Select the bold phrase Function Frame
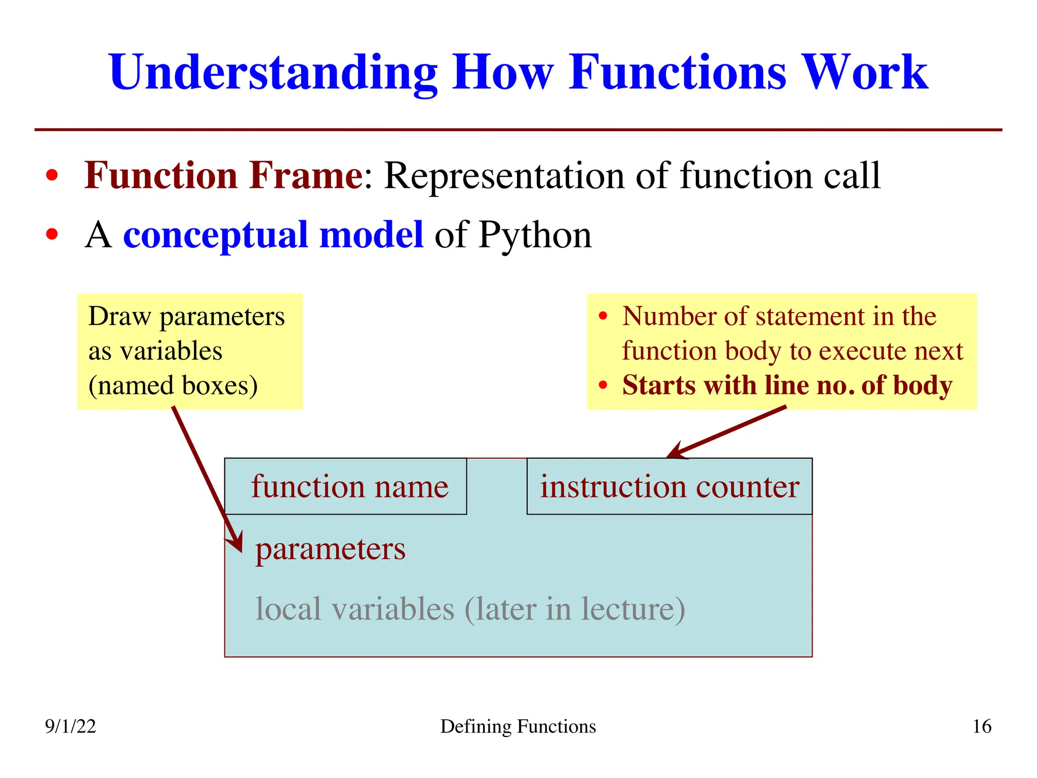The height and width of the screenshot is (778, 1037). click(223, 175)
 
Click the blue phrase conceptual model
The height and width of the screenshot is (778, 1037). click(273, 235)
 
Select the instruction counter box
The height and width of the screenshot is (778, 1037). click(669, 487)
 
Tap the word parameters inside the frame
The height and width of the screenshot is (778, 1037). click(330, 549)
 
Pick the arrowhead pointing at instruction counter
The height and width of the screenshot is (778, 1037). click(676, 453)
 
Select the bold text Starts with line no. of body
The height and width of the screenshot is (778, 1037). click(787, 385)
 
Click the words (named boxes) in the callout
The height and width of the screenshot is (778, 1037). click(173, 385)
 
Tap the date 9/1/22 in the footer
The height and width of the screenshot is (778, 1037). click(70, 726)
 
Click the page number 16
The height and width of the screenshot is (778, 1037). click(982, 726)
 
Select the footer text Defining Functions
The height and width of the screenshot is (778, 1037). click(518, 726)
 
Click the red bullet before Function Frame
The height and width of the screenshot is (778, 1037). click(52, 175)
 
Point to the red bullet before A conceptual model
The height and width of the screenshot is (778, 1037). click(52, 235)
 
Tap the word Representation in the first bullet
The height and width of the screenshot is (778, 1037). click(504, 175)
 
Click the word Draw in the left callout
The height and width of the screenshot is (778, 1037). click(119, 317)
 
